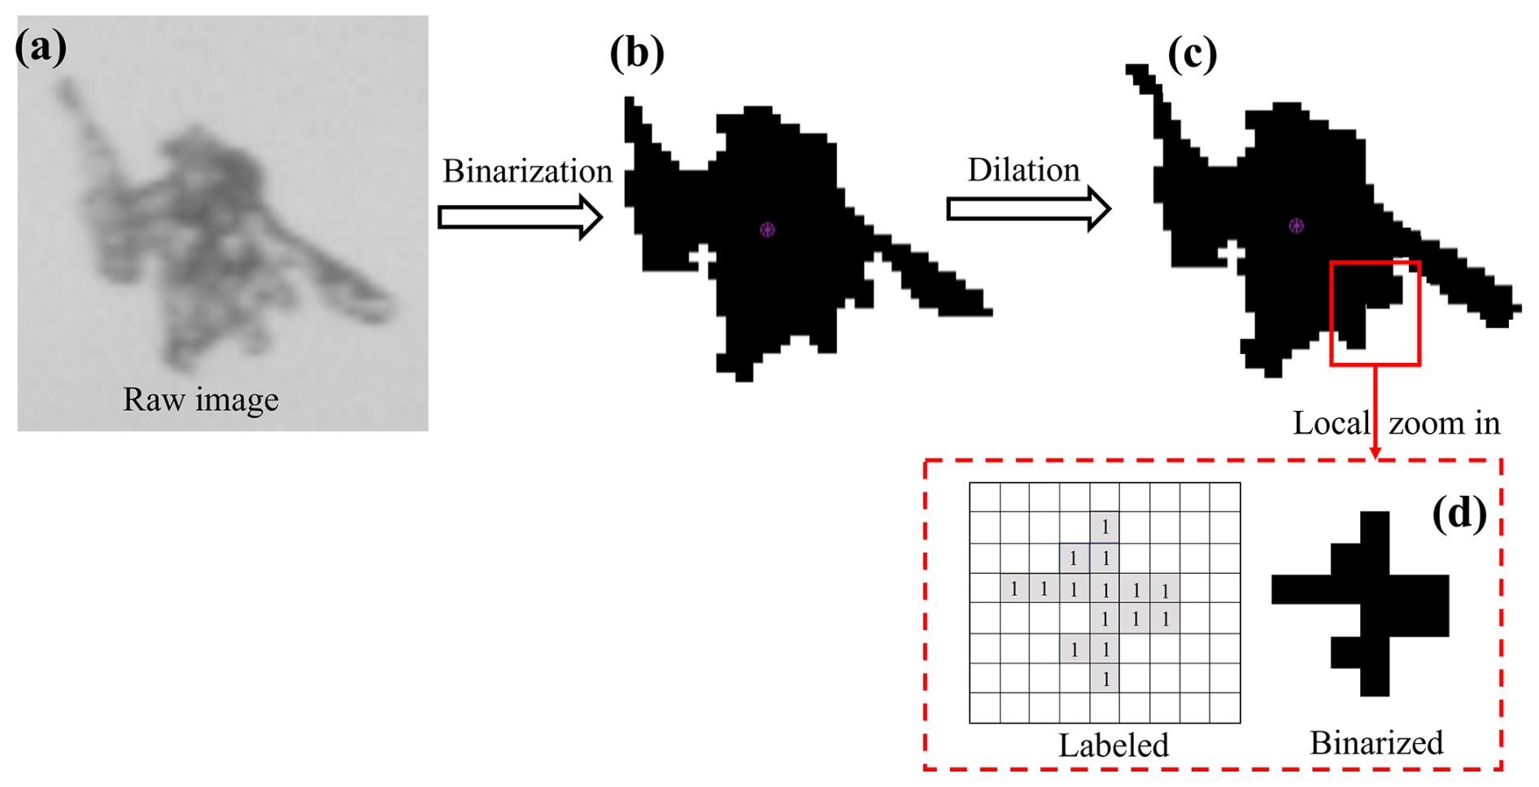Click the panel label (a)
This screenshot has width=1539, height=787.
[x=41, y=47]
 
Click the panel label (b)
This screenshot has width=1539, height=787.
[x=637, y=54]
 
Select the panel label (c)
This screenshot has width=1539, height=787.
[x=1192, y=55]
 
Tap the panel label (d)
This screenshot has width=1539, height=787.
[x=1459, y=514]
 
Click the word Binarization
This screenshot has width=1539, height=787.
[x=527, y=172]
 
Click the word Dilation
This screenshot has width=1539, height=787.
[x=1023, y=170]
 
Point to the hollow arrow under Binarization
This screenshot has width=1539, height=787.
[x=520, y=217]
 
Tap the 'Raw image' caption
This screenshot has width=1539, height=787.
[x=201, y=400]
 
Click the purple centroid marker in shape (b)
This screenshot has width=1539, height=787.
[x=767, y=230]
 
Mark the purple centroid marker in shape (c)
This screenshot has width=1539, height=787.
[x=1296, y=225]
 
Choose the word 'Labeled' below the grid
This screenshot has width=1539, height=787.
[x=1113, y=745]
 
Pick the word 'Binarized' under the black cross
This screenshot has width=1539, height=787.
[x=1376, y=743]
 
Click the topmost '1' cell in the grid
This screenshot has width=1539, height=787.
[x=1105, y=527]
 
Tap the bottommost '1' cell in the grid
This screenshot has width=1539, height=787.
[x=1105, y=679]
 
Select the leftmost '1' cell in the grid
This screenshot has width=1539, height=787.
[x=1014, y=588]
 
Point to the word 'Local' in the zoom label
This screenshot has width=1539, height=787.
[x=1331, y=423]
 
